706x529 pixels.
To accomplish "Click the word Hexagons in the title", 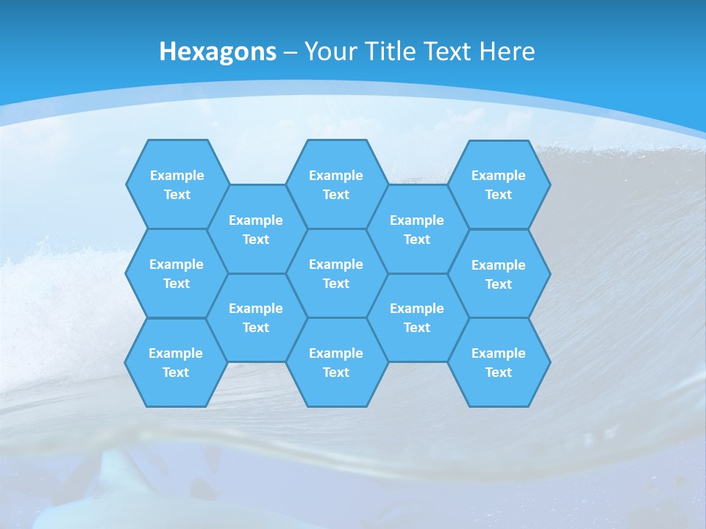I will [218, 51].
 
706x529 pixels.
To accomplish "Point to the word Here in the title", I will [507, 51].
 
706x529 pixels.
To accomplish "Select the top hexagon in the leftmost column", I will [177, 184].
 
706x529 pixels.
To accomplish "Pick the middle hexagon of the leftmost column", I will [176, 273].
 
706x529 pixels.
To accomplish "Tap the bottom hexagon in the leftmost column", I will [176, 362].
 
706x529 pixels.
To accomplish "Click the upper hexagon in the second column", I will [256, 229].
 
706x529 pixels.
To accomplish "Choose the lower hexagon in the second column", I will [256, 317].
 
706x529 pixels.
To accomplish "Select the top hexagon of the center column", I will [336, 184].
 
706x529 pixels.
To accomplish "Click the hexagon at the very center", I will [336, 273].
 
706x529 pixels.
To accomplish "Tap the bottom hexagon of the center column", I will [336, 362].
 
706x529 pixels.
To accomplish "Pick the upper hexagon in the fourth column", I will [417, 229].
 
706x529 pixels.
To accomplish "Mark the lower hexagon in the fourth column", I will [417, 317].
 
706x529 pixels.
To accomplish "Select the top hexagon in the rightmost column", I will [499, 184].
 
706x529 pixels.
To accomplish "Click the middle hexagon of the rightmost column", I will [499, 274].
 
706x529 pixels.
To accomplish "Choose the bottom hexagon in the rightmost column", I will [499, 362].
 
